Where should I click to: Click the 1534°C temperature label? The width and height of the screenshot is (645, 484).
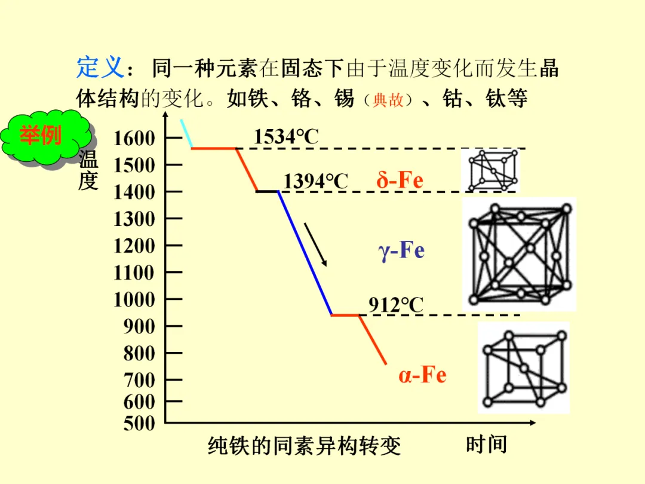pos(286,137)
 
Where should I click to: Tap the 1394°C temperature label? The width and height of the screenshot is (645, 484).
pos(315,181)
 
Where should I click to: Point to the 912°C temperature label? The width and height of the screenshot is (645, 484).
pos(395,305)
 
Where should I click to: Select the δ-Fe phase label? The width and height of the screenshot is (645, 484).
pos(400,180)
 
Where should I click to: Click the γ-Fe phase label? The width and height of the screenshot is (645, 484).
pos(401,250)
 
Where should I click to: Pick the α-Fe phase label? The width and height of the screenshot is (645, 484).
pos(422,375)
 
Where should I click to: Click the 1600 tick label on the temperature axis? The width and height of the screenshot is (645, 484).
pos(134,139)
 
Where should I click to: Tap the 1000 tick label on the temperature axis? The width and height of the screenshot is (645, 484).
pos(134,299)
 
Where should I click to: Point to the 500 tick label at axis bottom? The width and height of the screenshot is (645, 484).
pos(139,424)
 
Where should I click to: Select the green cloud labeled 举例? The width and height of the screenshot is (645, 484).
pos(42,137)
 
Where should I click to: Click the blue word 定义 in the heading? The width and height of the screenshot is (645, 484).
pos(99,68)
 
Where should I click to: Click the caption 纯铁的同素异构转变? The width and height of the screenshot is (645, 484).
pos(305,446)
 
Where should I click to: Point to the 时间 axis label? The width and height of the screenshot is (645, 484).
pos(486,444)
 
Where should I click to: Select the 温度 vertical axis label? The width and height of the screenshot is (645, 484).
pos(88,170)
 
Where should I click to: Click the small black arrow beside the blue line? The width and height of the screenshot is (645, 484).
pos(316,244)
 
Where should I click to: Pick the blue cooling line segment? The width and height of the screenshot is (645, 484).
pos(305,253)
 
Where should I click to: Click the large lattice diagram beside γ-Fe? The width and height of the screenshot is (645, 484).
pos(519,253)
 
